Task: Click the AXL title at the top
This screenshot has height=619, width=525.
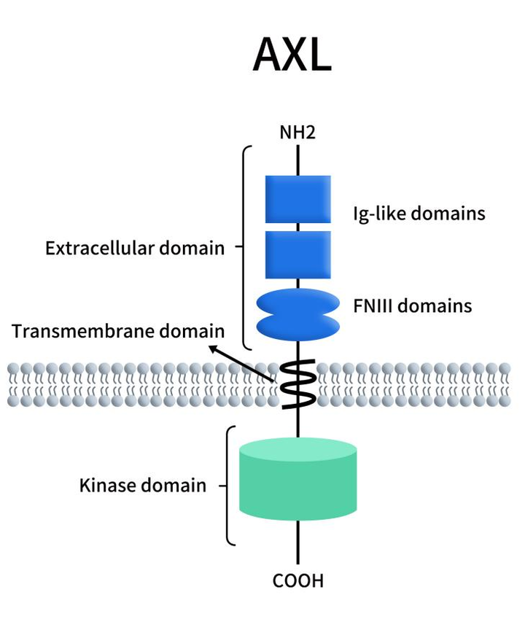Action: click(292, 54)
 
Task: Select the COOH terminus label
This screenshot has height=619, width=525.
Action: click(297, 581)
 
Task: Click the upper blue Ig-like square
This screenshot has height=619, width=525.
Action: click(297, 198)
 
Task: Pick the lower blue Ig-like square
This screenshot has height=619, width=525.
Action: click(297, 254)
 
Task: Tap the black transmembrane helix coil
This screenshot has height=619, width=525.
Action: click(297, 384)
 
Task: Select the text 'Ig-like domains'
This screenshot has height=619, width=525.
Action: click(419, 214)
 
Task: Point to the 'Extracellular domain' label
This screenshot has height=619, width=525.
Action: click(135, 248)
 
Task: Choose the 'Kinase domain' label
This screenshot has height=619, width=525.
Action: click(142, 485)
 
